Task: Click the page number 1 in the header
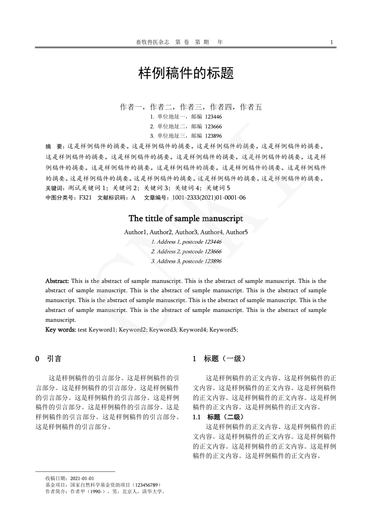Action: [332, 42]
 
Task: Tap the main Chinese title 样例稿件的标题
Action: [186, 74]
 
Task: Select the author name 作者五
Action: [251, 107]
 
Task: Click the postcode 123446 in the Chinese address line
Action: [214, 117]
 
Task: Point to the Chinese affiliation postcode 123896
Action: [214, 136]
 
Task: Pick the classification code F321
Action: [85, 198]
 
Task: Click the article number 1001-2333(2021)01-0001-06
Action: [209, 198]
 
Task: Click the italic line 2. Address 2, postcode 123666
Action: [186, 252]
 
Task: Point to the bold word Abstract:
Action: [57, 281]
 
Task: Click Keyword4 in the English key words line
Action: [193, 330]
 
